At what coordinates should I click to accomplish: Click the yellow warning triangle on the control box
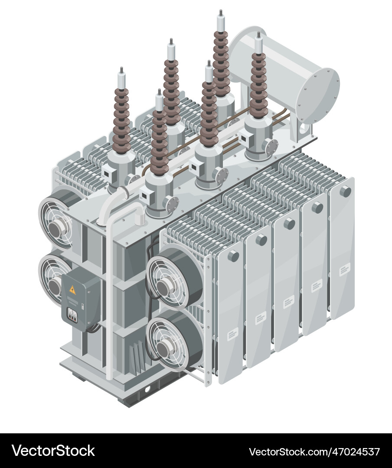pyautogui.click(x=72, y=290)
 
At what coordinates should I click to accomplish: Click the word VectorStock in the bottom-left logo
pyautogui.click(x=53, y=451)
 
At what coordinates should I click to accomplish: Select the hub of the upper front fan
pyautogui.click(x=164, y=286)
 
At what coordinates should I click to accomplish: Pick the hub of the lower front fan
pyautogui.click(x=163, y=347)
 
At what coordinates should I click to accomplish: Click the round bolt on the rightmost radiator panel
pyautogui.click(x=345, y=191)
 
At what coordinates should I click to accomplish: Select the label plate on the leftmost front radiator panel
pyautogui.click(x=232, y=333)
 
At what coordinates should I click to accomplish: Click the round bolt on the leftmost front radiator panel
pyautogui.click(x=233, y=256)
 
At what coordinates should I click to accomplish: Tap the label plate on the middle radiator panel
pyautogui.click(x=288, y=302)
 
